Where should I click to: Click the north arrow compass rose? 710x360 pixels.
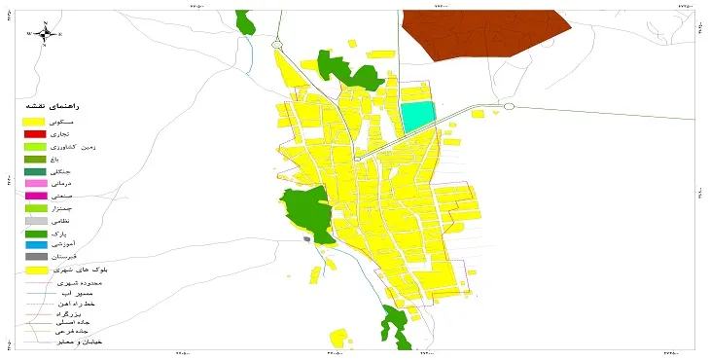pyautogui.click(x=45, y=33)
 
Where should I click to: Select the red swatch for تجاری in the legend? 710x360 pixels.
pyautogui.click(x=36, y=133)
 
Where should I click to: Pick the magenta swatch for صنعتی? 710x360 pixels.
pyautogui.click(x=36, y=196)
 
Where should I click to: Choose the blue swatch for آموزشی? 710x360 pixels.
pyautogui.click(x=36, y=245)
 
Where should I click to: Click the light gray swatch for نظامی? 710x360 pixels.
pyautogui.click(x=36, y=221)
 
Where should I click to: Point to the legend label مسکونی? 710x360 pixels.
pyautogui.click(x=88, y=121)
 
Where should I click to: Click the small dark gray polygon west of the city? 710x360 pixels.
pyautogui.click(x=308, y=237)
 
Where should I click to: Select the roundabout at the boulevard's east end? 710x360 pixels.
pyautogui.click(x=508, y=106)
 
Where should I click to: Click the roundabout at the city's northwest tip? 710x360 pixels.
pyautogui.click(x=277, y=44)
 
